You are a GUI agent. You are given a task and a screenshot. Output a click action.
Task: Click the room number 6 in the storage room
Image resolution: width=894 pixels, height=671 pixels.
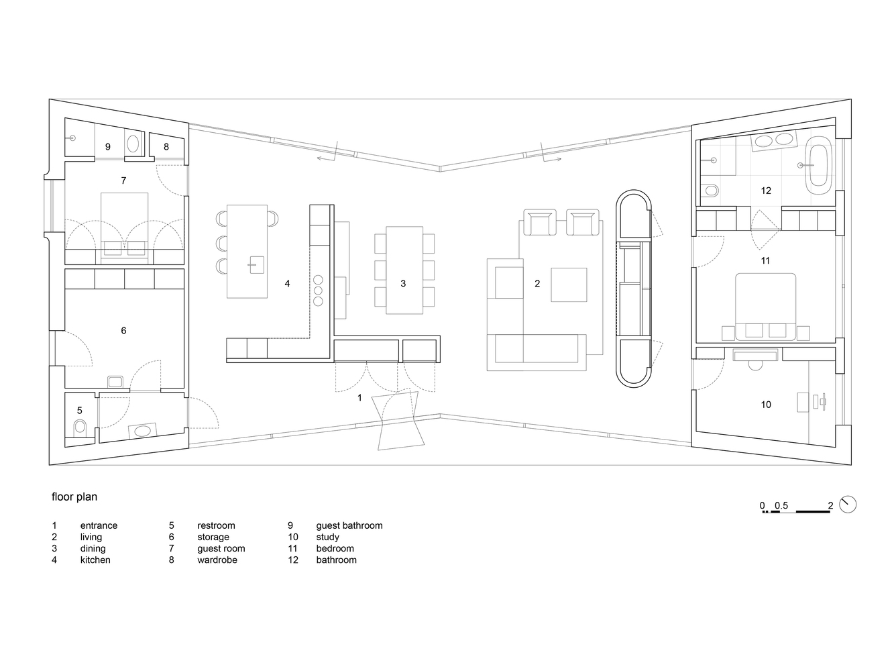[x=123, y=330]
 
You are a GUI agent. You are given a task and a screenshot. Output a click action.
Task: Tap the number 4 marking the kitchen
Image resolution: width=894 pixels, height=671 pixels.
[x=287, y=284]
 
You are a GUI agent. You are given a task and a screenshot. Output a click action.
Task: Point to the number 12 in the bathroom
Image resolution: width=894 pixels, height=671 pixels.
[x=766, y=191]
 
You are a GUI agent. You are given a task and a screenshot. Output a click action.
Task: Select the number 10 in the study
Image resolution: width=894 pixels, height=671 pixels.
[x=766, y=405]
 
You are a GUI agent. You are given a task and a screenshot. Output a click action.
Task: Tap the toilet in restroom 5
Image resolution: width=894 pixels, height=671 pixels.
[x=80, y=427]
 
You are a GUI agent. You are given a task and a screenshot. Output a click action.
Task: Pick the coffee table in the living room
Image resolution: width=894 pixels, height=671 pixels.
[x=569, y=285]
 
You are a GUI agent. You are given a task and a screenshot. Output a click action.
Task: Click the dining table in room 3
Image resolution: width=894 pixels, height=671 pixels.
[x=404, y=270]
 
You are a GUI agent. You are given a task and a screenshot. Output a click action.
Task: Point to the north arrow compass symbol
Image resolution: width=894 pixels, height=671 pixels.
[x=848, y=505]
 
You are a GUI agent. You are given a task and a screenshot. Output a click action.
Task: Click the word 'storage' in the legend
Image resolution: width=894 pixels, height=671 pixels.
[x=213, y=537]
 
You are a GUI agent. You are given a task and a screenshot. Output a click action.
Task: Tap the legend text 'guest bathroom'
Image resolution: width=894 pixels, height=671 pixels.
[x=349, y=525]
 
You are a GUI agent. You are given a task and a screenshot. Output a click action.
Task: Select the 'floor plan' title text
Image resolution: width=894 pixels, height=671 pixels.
[x=74, y=497]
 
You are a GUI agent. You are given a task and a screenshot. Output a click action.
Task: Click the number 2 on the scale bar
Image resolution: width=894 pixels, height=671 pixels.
[x=830, y=505]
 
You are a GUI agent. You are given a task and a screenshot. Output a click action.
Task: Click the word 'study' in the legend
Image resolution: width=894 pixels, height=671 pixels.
[x=327, y=537]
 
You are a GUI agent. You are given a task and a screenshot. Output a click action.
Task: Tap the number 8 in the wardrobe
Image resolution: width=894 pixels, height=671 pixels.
[x=166, y=146]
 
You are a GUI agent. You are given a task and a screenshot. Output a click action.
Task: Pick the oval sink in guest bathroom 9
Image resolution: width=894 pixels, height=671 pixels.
[x=133, y=144]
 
